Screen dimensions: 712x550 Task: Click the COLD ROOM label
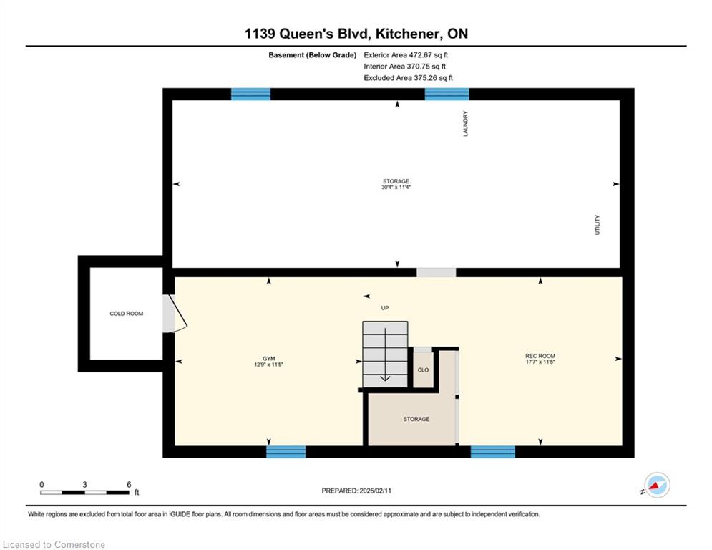pos(126,314)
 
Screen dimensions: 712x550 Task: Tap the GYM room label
pos(269,359)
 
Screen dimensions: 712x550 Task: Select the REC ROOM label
pos(540,356)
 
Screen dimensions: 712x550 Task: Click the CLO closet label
pos(423,370)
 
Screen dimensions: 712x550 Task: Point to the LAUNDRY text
pos(465,124)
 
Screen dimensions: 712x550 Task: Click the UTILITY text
pos(598,225)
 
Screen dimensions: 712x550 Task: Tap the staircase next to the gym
pos(385,354)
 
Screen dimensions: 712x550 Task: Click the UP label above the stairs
pos(385,308)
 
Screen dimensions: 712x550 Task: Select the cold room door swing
pos(175,313)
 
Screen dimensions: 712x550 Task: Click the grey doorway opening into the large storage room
pos(437,272)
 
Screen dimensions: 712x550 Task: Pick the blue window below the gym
pos(286,452)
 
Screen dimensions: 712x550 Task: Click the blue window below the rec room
pos(493,452)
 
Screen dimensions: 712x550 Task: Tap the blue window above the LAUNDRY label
pos(447,94)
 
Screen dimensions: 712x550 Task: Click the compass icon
pos(657,485)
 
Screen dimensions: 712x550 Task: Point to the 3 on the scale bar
pos(84,485)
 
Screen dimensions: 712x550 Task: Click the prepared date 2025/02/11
pos(375,491)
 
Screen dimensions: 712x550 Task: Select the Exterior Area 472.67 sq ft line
pos(406,55)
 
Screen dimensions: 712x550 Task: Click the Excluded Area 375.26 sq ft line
pos(408,78)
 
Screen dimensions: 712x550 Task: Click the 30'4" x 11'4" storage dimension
pos(396,187)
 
